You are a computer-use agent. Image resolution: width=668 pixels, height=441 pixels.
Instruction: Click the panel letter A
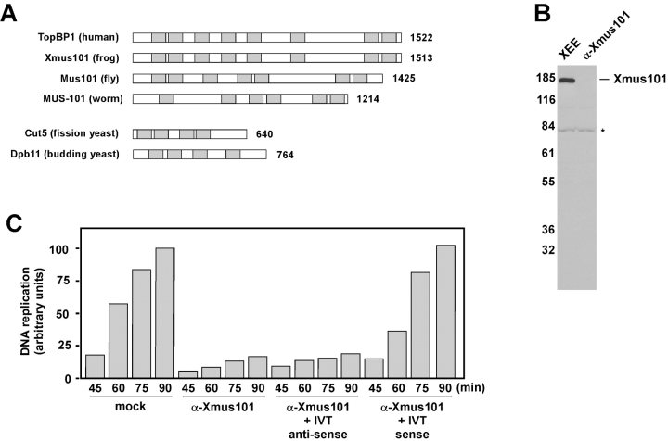click(12, 17)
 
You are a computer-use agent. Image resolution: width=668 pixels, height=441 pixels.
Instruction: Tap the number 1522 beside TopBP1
click(421, 38)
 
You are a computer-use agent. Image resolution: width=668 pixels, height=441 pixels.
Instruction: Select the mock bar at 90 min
click(166, 313)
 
